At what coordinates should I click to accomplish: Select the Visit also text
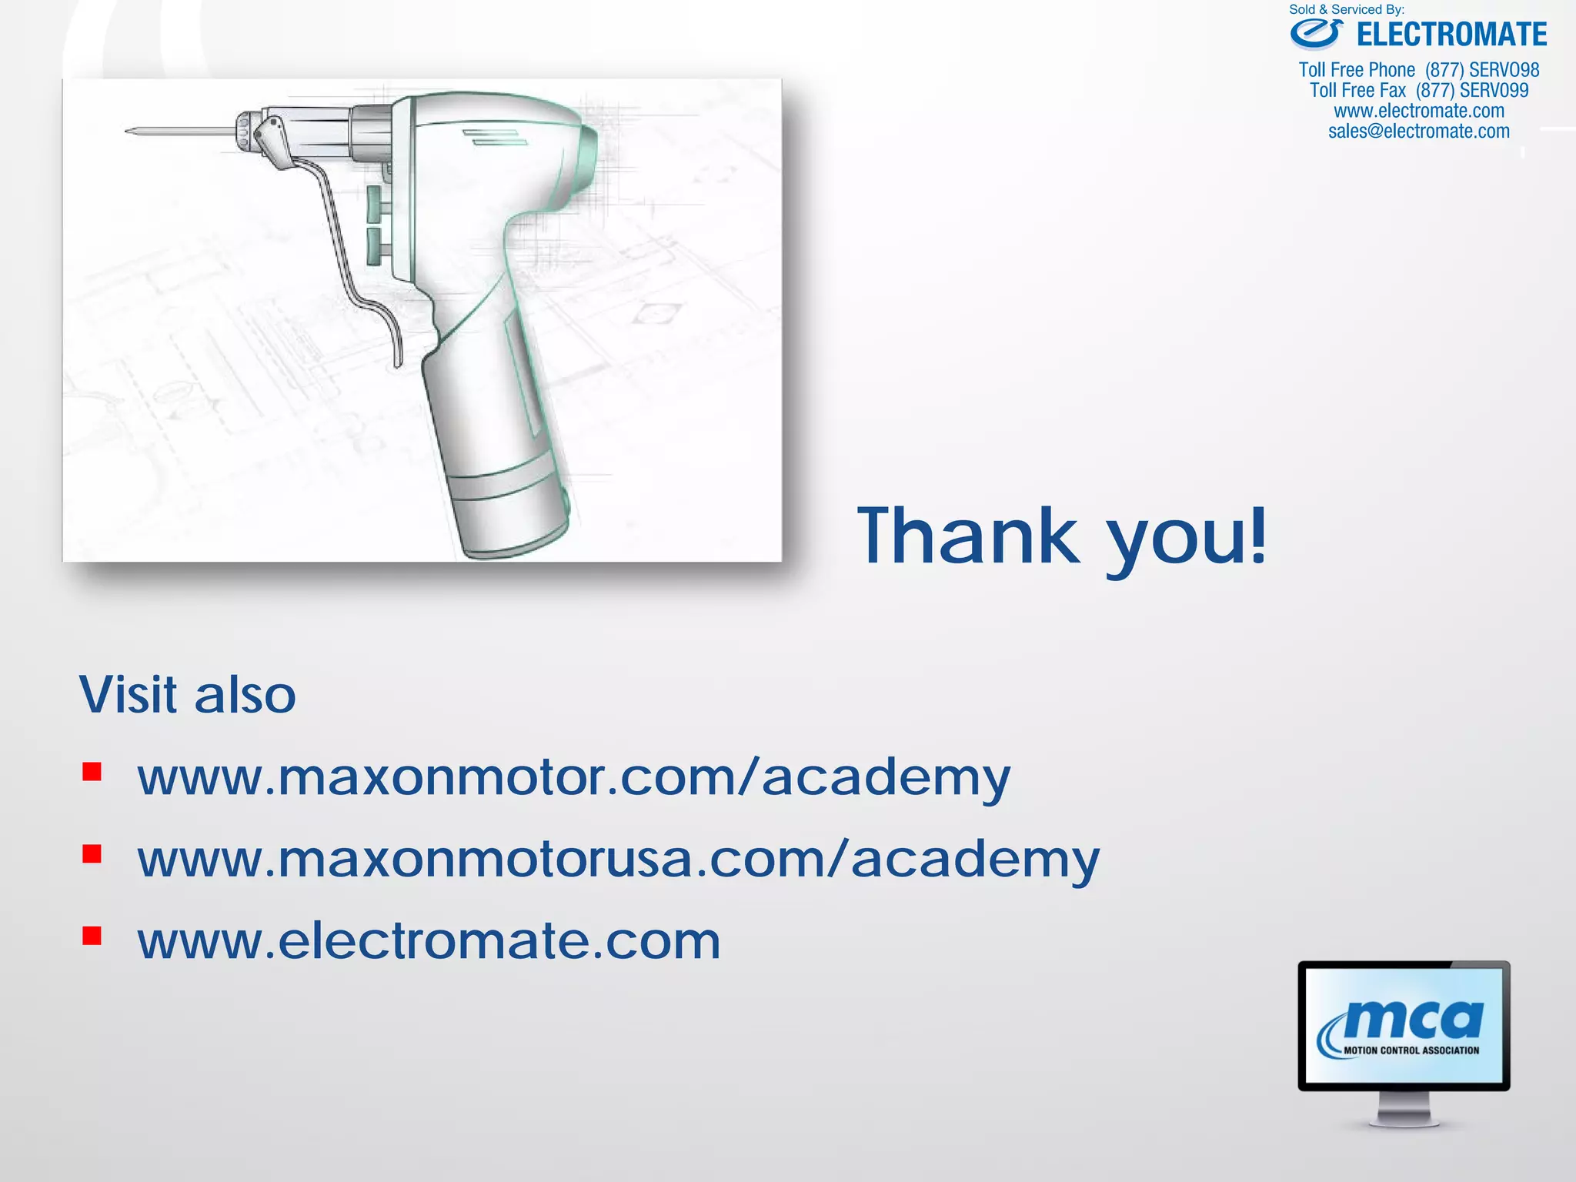point(188,695)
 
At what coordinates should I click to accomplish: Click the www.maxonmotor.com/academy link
point(573,777)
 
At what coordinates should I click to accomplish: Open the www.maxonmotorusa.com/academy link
point(618,859)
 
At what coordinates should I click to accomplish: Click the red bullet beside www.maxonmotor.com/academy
point(92,772)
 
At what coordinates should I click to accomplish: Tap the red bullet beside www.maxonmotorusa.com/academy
point(92,854)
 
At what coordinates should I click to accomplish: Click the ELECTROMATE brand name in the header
point(1451,35)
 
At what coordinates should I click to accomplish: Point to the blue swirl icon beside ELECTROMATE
point(1317,34)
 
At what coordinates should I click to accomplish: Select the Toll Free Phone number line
point(1419,70)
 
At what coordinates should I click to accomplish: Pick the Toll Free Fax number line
point(1419,91)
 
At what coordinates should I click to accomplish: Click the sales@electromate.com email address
point(1419,132)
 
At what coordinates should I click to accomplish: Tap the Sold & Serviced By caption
point(1347,9)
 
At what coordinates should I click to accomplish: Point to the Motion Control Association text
point(1411,1050)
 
